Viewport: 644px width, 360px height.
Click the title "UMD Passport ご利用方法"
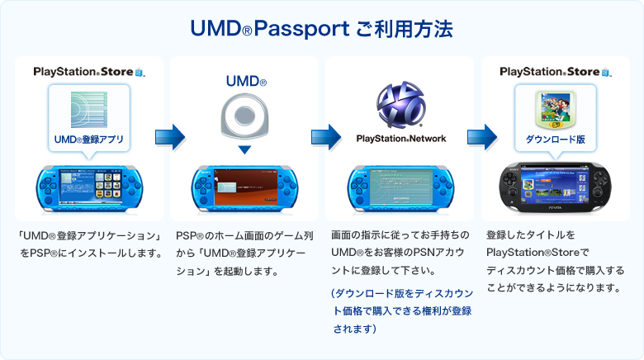(x=321, y=30)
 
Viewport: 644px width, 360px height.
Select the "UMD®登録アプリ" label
(x=88, y=139)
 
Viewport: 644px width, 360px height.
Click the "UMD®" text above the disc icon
(x=246, y=83)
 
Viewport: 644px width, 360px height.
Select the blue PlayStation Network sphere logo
(x=400, y=106)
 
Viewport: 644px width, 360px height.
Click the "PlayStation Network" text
(x=400, y=139)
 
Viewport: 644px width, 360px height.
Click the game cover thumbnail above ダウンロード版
(x=555, y=108)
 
